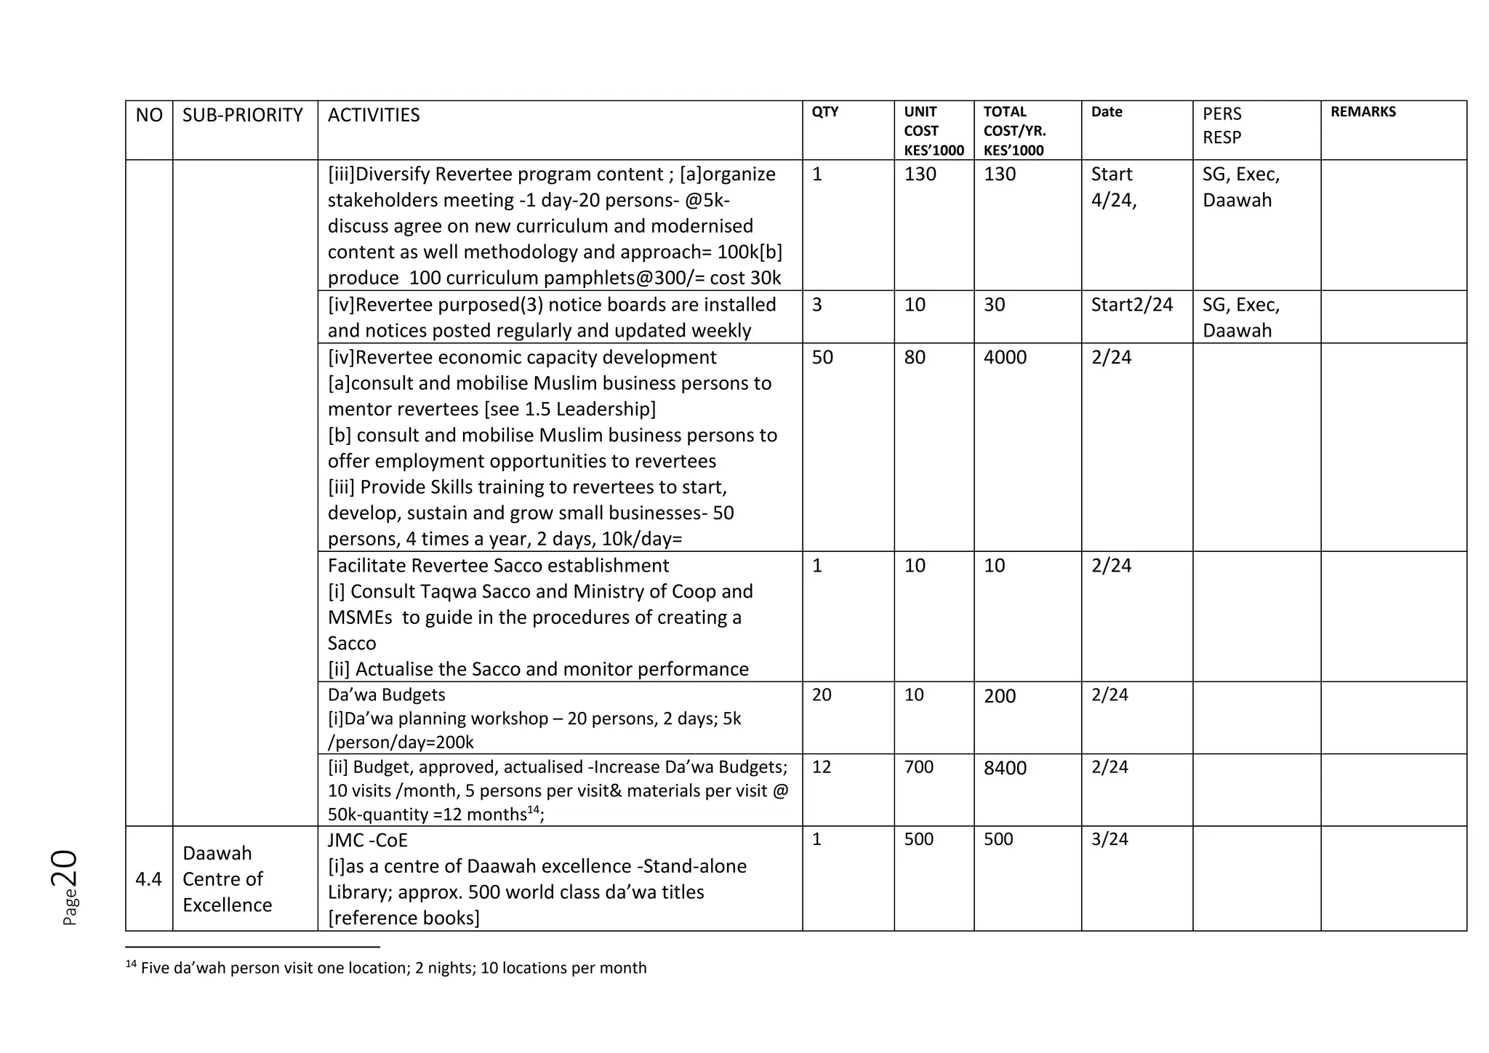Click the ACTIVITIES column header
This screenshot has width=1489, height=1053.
pyautogui.click(x=373, y=115)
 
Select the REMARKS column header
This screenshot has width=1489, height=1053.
pyautogui.click(x=1362, y=112)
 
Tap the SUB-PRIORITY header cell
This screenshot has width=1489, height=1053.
pyautogui.click(x=242, y=115)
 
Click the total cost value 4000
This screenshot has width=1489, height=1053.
pyautogui.click(x=1005, y=357)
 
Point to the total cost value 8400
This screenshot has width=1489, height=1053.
pyautogui.click(x=1005, y=768)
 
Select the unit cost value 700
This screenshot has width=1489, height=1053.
pyautogui.click(x=918, y=766)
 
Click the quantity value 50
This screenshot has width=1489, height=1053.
pyautogui.click(x=822, y=357)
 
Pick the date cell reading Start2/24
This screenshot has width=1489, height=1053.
pyautogui.click(x=1131, y=305)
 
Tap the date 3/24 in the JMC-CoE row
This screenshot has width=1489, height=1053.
pyautogui.click(x=1109, y=839)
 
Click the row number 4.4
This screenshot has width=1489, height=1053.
pyautogui.click(x=148, y=879)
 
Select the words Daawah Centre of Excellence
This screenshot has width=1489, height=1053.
pyautogui.click(x=227, y=879)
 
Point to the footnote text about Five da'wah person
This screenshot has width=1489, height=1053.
pyautogui.click(x=393, y=968)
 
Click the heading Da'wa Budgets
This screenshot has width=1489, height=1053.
pyautogui.click(x=386, y=694)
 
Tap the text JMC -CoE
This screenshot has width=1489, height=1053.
pyautogui.click(x=367, y=841)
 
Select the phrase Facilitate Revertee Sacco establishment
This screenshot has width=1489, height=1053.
pyautogui.click(x=498, y=566)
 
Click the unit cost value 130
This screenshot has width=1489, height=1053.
pyautogui.click(x=920, y=175)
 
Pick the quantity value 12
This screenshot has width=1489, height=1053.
pyautogui.click(x=821, y=766)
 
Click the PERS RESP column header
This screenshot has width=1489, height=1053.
pyautogui.click(x=1222, y=125)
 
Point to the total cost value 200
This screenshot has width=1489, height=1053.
pyautogui.click(x=1000, y=696)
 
